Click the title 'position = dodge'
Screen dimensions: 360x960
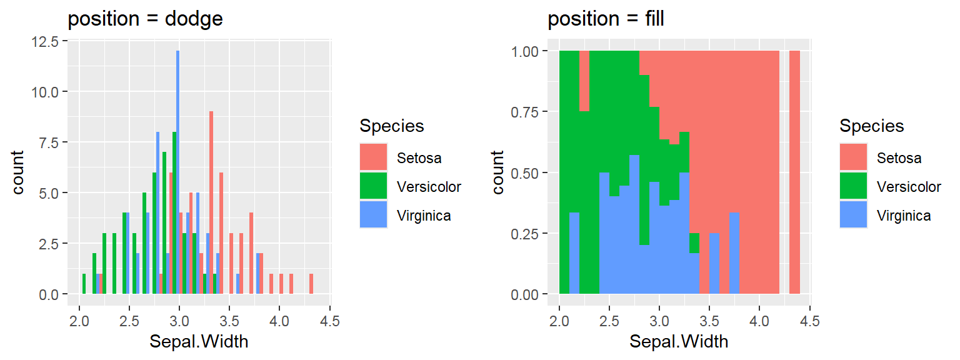(x=145, y=19)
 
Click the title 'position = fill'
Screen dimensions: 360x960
(x=606, y=19)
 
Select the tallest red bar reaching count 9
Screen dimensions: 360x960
(x=211, y=202)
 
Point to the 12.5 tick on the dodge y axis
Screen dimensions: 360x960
(x=47, y=41)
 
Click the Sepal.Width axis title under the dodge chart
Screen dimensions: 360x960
(x=198, y=342)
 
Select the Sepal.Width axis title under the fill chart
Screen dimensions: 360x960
(x=678, y=342)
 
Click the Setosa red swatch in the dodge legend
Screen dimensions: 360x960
(x=373, y=157)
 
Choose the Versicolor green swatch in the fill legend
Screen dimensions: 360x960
(x=853, y=186)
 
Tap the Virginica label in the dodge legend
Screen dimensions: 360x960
(x=424, y=216)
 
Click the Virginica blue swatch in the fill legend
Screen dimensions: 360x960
(x=853, y=215)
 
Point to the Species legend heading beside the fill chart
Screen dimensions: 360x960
(x=871, y=126)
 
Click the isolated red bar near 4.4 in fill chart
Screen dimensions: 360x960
(x=794, y=172)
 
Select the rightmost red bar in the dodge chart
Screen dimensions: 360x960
(x=311, y=284)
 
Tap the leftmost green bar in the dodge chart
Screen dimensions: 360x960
(x=84, y=284)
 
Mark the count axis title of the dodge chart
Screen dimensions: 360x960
(x=19, y=172)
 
